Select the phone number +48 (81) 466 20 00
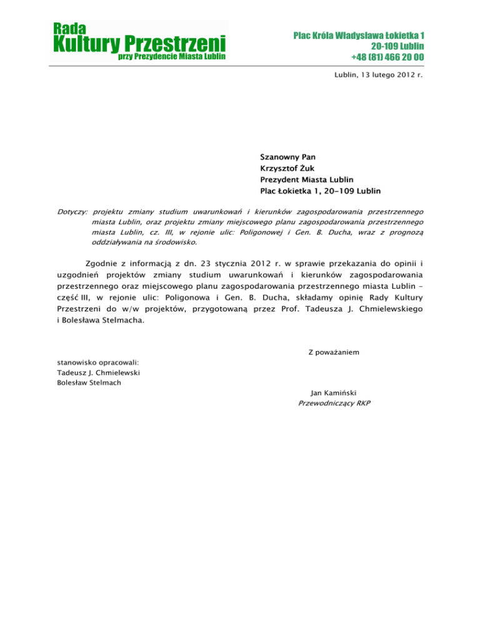pos(387,57)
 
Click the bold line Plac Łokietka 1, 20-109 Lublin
pos(321,191)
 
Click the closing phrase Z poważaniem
pos(334,352)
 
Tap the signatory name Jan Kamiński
pos(333,393)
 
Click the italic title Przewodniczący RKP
pos(334,404)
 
